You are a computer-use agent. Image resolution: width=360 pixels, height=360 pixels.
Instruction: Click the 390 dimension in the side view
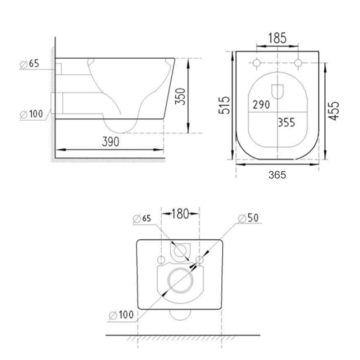[x=110, y=142]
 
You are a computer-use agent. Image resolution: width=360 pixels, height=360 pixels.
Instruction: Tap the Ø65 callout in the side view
[x=30, y=64]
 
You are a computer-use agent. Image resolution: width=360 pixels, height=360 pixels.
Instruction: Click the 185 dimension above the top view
[x=277, y=38]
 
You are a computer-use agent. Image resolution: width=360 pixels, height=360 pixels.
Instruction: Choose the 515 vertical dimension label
[x=224, y=105]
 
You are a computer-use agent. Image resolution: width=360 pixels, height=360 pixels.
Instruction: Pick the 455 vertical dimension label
[x=334, y=110]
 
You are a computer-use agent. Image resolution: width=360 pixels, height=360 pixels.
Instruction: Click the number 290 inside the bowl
[x=261, y=105]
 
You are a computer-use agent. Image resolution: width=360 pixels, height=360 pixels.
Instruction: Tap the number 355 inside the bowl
[x=286, y=122]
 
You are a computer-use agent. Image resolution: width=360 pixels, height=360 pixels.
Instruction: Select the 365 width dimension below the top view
[x=277, y=175]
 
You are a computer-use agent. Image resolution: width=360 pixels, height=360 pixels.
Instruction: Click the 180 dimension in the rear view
[x=180, y=213]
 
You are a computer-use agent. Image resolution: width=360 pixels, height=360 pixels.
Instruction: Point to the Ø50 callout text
[x=248, y=218]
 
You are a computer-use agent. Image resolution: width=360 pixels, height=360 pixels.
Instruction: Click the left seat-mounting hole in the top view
[x=256, y=63]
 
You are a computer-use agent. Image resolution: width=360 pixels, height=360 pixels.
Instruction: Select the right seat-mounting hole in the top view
[x=298, y=63]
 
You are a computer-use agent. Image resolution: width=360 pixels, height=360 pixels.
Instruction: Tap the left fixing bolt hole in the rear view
[x=161, y=260]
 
